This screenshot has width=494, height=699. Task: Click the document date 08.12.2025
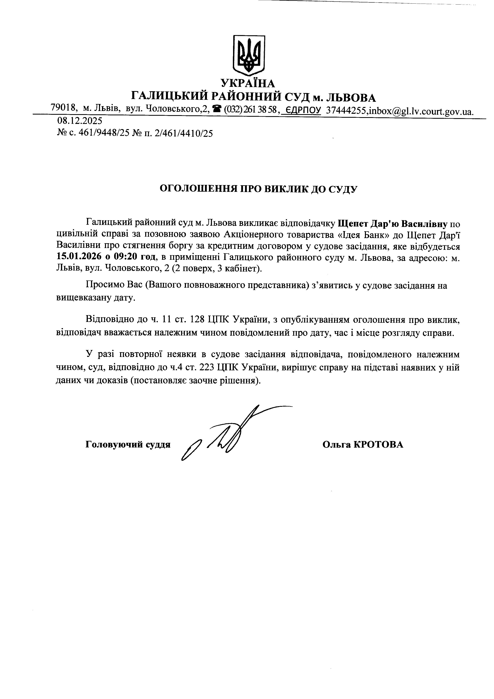pyautogui.click(x=80, y=121)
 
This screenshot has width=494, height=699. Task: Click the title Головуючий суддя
pyautogui.click(x=128, y=445)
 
